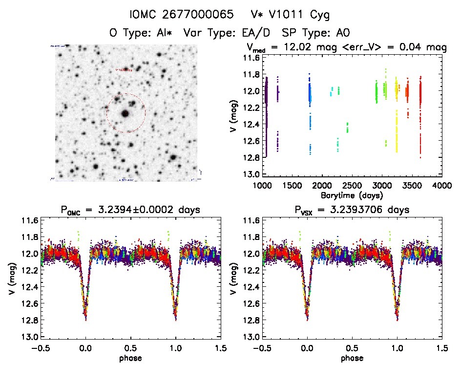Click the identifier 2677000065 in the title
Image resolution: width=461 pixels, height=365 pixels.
coord(195,15)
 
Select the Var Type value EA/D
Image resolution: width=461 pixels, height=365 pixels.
coord(256,33)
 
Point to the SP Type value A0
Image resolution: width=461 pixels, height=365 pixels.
coord(343,33)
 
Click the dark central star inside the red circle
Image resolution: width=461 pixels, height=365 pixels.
coord(125,113)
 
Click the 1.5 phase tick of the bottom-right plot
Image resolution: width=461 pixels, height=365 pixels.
coord(442,348)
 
